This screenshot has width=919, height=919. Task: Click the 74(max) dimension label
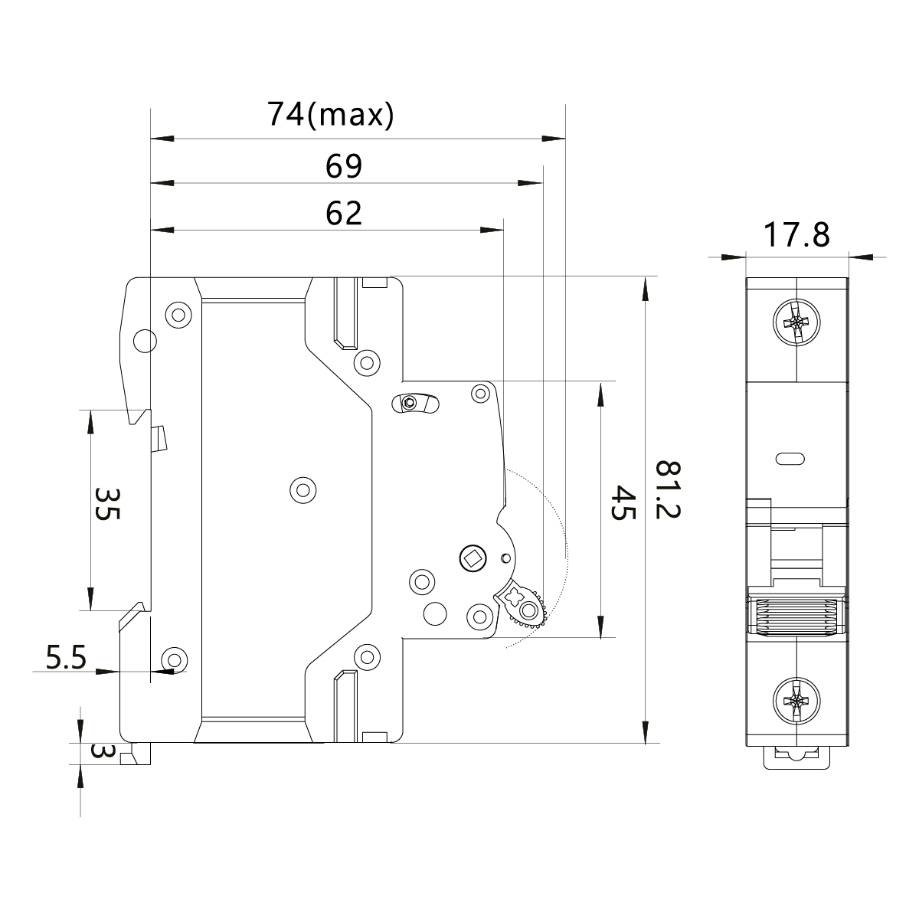coord(330,115)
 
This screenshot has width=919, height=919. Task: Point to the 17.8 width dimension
coord(797,235)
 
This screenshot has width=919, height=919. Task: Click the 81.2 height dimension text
coord(669,490)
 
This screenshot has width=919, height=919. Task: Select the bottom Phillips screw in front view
coord(796,699)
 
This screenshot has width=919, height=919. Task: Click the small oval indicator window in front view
coord(790,459)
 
